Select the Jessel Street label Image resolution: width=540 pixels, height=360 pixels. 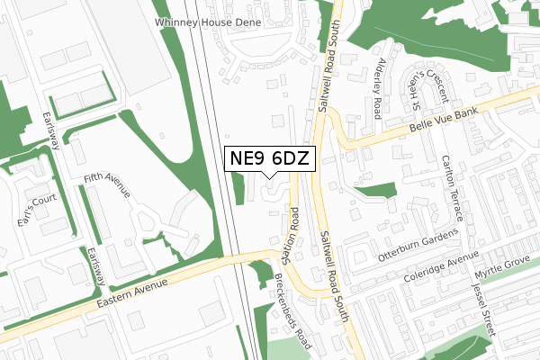(x=483, y=309)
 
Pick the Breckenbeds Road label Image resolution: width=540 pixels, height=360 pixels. (x=293, y=311)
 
